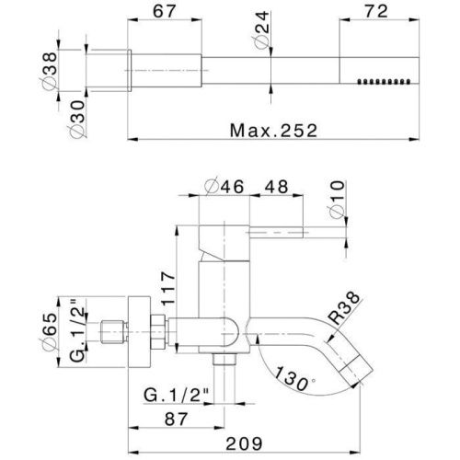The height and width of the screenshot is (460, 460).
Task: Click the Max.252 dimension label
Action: tap(273, 131)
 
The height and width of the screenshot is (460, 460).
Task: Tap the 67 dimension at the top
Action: tap(164, 11)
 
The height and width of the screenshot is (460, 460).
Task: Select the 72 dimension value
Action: tap(376, 11)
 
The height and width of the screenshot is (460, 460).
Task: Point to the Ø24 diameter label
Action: tap(260, 30)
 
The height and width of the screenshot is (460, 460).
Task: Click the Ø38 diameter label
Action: tap(49, 71)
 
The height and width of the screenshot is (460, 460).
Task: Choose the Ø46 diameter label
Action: tap(224, 186)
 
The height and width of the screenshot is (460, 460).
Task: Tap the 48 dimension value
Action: tap(277, 187)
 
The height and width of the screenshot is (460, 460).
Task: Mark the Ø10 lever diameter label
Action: tap(337, 200)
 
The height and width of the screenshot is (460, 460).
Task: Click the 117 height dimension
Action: tap(168, 288)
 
